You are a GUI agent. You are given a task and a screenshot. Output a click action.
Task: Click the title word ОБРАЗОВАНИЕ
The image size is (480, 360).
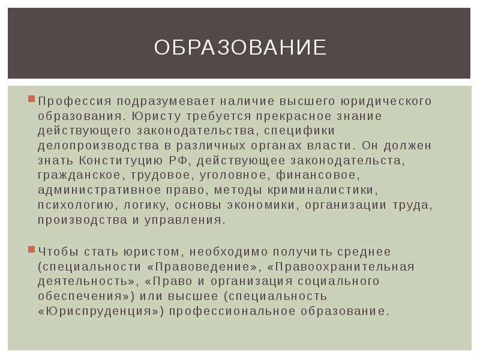coord(240,47)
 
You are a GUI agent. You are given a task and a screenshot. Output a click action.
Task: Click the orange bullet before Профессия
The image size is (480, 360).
coord(31,99)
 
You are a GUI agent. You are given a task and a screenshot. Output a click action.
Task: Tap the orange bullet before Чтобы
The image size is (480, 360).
coord(31,250)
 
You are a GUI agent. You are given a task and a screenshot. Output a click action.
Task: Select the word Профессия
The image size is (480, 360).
coord(74,101)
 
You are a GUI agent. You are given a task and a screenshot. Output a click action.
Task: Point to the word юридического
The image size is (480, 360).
coord(386,101)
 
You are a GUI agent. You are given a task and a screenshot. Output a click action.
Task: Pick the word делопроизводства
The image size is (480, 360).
coord(98,146)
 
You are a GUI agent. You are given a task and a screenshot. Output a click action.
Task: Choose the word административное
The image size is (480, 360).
coord(99,190)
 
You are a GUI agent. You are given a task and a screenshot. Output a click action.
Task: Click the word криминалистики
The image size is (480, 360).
coord(323,190)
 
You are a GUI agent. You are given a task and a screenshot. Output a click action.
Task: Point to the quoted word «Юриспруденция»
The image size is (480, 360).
coord(101,311)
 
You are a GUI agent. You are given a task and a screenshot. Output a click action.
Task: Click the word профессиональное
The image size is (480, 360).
coord(232,311)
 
